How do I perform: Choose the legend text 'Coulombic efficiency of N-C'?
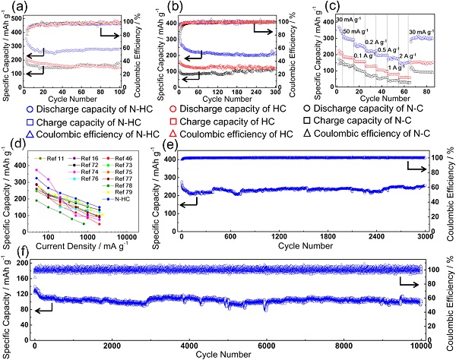(381, 134)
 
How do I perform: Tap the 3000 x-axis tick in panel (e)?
(423, 237)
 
